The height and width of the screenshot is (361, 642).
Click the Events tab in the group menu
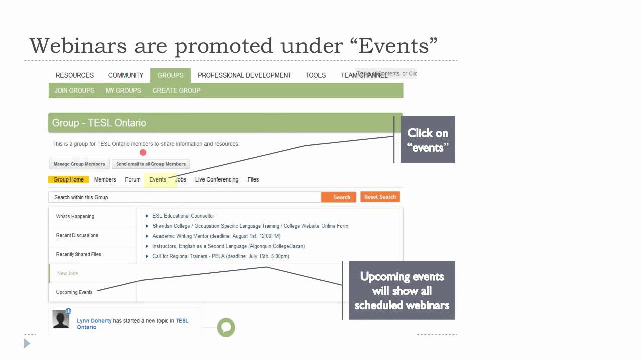(157, 179)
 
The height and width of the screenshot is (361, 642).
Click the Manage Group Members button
(79, 164)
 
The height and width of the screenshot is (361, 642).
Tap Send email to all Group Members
(150, 164)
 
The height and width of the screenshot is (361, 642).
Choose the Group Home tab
(69, 179)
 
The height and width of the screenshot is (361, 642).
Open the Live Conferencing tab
(217, 179)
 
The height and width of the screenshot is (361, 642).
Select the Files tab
(253, 179)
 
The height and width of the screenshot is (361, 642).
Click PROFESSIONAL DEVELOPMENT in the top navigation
(244, 75)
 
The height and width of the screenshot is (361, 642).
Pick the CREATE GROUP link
(177, 91)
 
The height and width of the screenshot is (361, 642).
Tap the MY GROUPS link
(123, 91)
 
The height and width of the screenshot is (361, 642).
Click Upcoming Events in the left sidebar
(74, 292)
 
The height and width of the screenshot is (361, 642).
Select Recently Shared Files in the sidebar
(79, 254)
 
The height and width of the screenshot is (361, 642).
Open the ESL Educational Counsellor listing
(183, 216)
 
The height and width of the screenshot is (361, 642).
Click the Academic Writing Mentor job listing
(216, 236)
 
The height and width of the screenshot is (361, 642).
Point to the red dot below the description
(143, 153)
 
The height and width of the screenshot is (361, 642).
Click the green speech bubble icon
(226, 327)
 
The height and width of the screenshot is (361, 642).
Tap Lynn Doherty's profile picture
(61, 319)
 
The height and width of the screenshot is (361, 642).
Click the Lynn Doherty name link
(94, 321)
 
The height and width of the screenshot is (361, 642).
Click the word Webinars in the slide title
(78, 46)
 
